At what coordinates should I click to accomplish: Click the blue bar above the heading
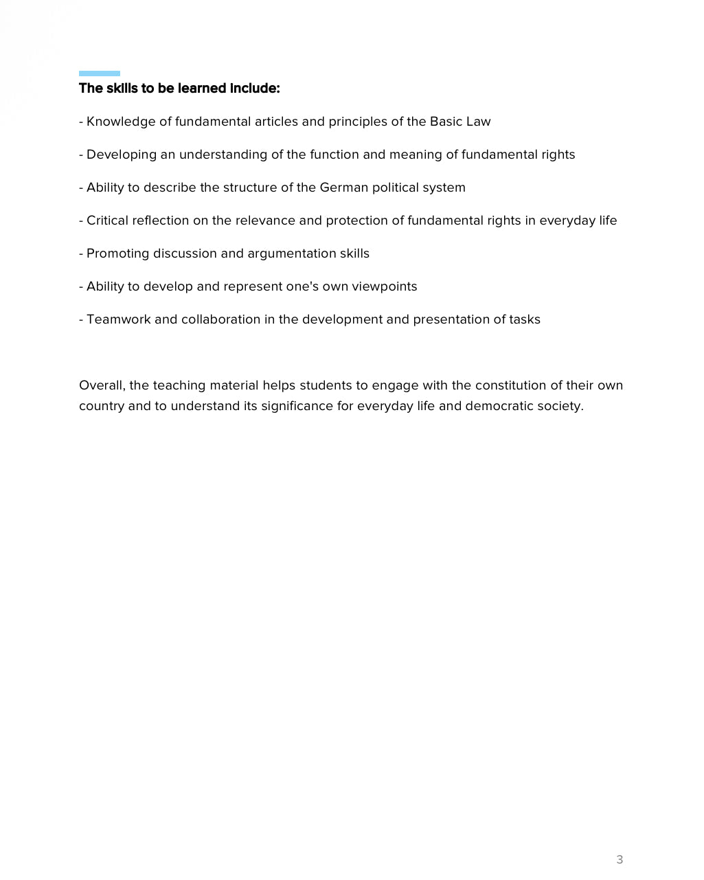pyautogui.click(x=100, y=74)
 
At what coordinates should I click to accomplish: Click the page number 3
pyautogui.click(x=620, y=859)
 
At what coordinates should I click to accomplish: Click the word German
pyautogui.click(x=344, y=188)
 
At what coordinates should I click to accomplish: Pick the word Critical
pyautogui.click(x=107, y=221)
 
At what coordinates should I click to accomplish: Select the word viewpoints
pyautogui.click(x=384, y=286)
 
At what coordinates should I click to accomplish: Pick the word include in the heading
pyautogui.click(x=254, y=89)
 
